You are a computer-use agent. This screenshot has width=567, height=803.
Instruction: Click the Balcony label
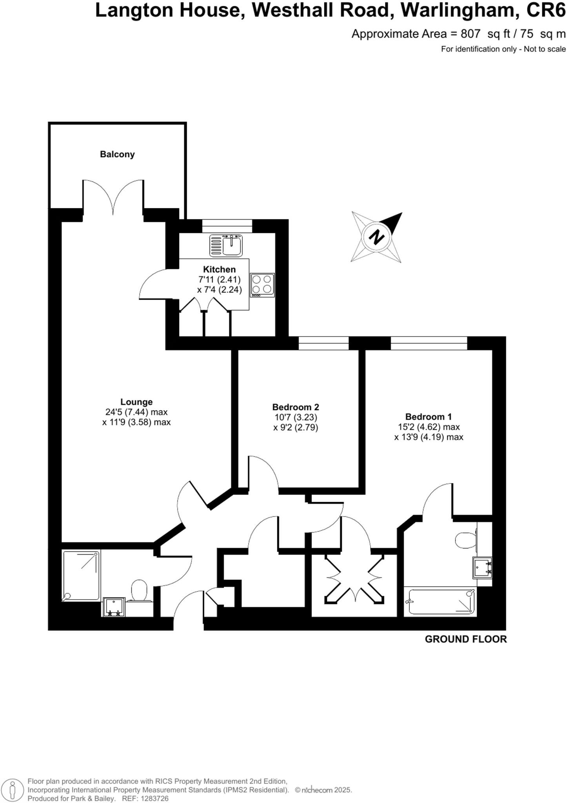click(x=117, y=154)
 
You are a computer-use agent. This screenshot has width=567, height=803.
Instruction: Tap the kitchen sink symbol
click(x=226, y=246)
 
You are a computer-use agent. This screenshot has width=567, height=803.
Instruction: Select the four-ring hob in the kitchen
click(x=262, y=285)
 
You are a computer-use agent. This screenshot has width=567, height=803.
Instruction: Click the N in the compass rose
click(x=377, y=237)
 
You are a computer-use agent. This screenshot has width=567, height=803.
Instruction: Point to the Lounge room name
click(x=136, y=402)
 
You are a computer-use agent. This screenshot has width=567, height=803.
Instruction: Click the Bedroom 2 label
click(x=296, y=407)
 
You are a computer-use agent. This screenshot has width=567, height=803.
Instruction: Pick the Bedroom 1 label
click(x=428, y=417)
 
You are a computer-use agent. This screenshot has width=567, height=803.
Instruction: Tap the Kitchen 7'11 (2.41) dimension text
click(x=219, y=280)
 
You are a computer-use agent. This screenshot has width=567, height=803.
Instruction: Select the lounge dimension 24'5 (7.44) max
click(x=136, y=412)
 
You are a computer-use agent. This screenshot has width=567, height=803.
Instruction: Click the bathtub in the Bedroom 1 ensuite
click(x=441, y=601)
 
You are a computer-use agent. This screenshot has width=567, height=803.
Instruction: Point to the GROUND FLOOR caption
click(x=465, y=639)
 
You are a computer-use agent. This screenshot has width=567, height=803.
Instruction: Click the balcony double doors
click(x=113, y=198)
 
